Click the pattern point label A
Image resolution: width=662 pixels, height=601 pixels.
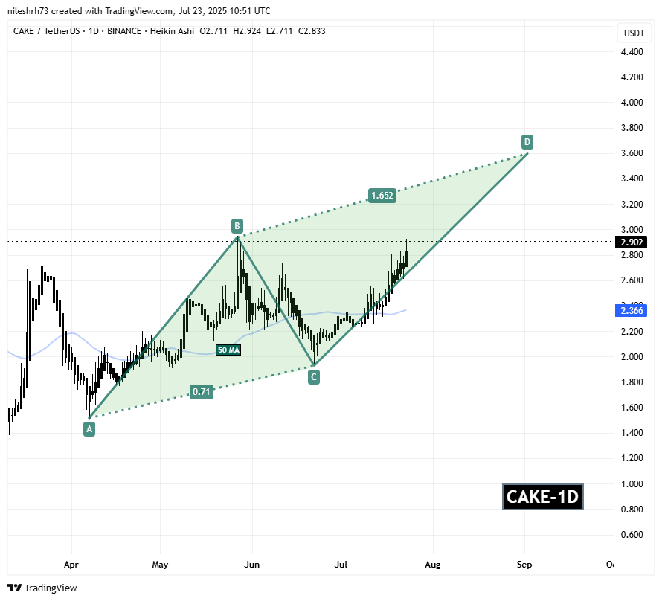point(89,428)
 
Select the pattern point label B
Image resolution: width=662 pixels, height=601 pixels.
point(237,225)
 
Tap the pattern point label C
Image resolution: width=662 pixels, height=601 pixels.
point(314,377)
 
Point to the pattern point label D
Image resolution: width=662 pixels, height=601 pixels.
point(527,141)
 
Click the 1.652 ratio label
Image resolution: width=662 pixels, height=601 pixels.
point(382,196)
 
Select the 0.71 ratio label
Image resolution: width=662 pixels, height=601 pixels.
point(201,392)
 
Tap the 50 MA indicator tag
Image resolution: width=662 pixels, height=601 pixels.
point(228,350)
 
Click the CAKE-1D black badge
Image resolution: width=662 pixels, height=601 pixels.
point(542,497)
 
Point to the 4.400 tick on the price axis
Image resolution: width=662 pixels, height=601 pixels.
point(632,52)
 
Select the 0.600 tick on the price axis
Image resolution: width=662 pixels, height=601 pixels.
point(632,535)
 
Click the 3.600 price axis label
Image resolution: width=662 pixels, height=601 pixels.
point(632,154)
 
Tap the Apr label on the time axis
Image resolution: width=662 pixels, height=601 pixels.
point(71,565)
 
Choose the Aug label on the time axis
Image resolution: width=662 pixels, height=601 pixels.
point(433,565)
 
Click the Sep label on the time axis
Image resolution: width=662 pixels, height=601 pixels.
point(524,565)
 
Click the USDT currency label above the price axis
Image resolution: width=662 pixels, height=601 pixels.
point(634,33)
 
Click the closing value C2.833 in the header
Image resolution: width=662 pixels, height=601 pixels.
point(308,30)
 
